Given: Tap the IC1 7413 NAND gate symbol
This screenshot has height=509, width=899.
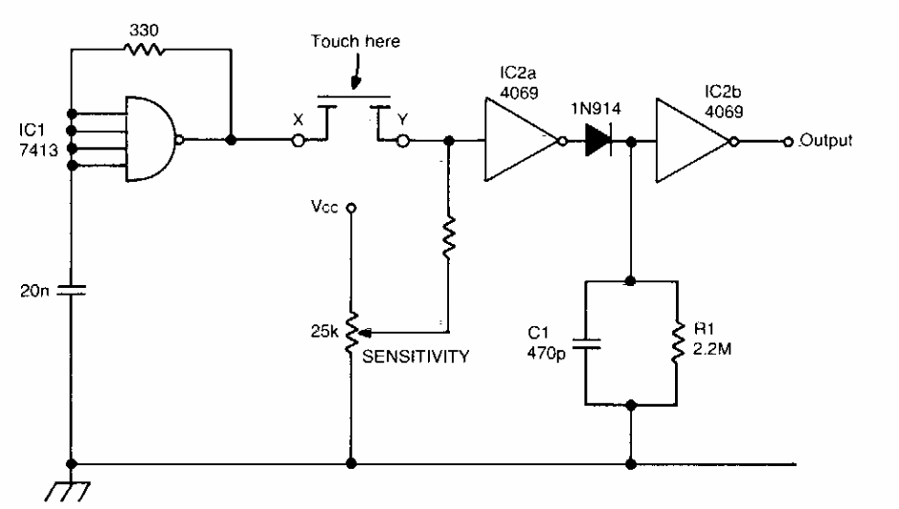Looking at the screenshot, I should (150, 140).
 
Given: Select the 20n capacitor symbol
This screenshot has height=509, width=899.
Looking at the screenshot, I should (70, 290).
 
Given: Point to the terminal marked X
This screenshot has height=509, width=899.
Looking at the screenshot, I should (298, 142).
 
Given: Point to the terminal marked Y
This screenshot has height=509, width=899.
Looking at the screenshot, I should (403, 142).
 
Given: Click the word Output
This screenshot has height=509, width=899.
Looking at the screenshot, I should (822, 141).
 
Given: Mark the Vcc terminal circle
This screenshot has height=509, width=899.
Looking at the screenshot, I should (351, 207).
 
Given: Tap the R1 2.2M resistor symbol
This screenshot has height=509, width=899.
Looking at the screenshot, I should (676, 343).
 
